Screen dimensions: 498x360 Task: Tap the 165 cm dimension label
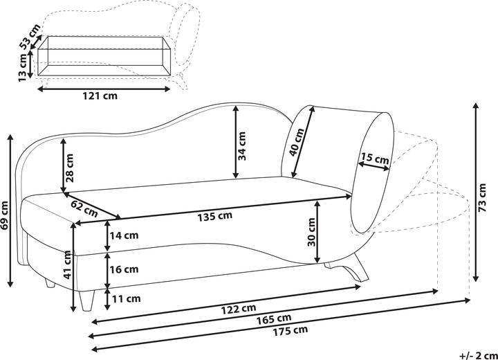click(x=274, y=318)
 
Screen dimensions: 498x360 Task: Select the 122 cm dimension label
click(x=238, y=309)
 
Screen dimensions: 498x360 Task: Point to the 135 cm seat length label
click(x=214, y=216)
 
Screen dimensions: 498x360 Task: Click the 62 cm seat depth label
click(x=84, y=208)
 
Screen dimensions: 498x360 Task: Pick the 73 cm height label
click(x=482, y=198)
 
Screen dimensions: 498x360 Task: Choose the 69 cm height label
click(x=4, y=215)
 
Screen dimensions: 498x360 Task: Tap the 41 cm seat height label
click(x=67, y=264)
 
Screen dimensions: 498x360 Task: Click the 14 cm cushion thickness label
click(x=124, y=235)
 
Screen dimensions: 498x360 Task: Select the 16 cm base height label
click(x=124, y=269)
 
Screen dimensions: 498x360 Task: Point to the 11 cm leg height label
click(x=127, y=298)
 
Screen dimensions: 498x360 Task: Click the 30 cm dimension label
click(x=311, y=232)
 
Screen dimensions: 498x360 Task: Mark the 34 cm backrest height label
click(x=242, y=146)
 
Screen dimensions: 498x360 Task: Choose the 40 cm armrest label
click(x=297, y=142)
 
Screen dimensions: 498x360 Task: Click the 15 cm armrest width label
click(x=375, y=158)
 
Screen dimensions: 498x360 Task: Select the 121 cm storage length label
click(x=100, y=95)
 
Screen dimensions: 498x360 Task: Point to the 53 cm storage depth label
click(x=30, y=37)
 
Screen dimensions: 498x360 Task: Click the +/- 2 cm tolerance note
click(x=479, y=354)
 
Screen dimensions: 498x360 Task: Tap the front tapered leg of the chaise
click(x=86, y=300)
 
